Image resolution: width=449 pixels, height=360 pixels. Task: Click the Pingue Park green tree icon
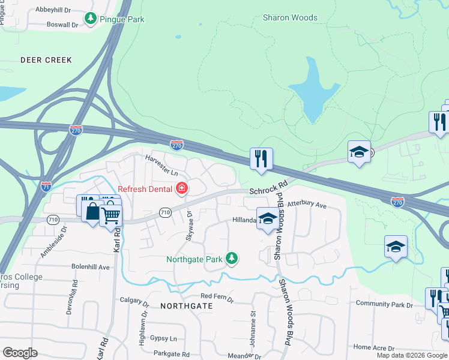pyautogui.click(x=91, y=19)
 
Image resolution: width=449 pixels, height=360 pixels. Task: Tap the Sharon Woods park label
pyautogui.click(x=290, y=18)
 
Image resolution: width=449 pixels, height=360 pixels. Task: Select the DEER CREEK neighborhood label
pyautogui.click(x=46, y=60)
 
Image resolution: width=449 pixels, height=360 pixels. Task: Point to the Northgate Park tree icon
pyautogui.click(x=232, y=259)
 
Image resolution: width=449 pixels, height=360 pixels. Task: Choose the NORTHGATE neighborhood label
pyautogui.click(x=187, y=306)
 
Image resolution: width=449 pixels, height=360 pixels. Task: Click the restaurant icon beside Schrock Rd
pyautogui.click(x=261, y=159)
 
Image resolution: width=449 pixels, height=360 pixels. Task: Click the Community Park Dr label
pyautogui.click(x=384, y=304)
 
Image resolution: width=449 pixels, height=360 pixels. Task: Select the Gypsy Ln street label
pyautogui.click(x=163, y=338)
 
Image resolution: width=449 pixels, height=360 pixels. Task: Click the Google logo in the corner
pyautogui.click(x=19, y=353)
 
